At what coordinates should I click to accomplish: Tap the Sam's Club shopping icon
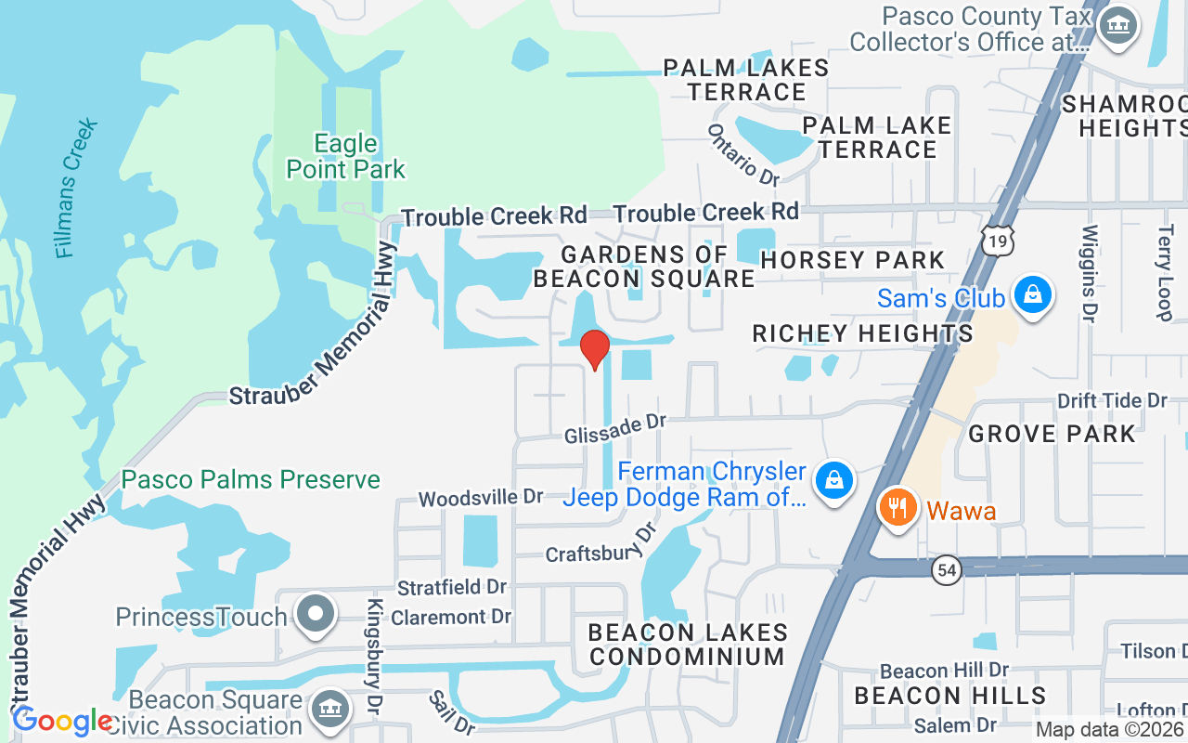1030,296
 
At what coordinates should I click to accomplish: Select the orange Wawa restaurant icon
897,509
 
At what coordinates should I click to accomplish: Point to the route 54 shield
947,570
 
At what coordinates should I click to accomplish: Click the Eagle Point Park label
346,157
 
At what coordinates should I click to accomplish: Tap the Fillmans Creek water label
76,189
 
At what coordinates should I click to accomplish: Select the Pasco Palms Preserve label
251,480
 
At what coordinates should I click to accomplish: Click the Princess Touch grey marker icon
316,615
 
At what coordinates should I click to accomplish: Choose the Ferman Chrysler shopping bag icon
834,481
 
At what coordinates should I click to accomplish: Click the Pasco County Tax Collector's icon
1117,26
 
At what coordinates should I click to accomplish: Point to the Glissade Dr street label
616,429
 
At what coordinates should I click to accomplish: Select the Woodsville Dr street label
480,498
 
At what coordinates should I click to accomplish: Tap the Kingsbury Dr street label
375,655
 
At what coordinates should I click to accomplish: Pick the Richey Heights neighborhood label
862,333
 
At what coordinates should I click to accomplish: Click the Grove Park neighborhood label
1052,434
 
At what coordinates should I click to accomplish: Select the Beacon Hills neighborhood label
949,696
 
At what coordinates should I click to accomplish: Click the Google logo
63,721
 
